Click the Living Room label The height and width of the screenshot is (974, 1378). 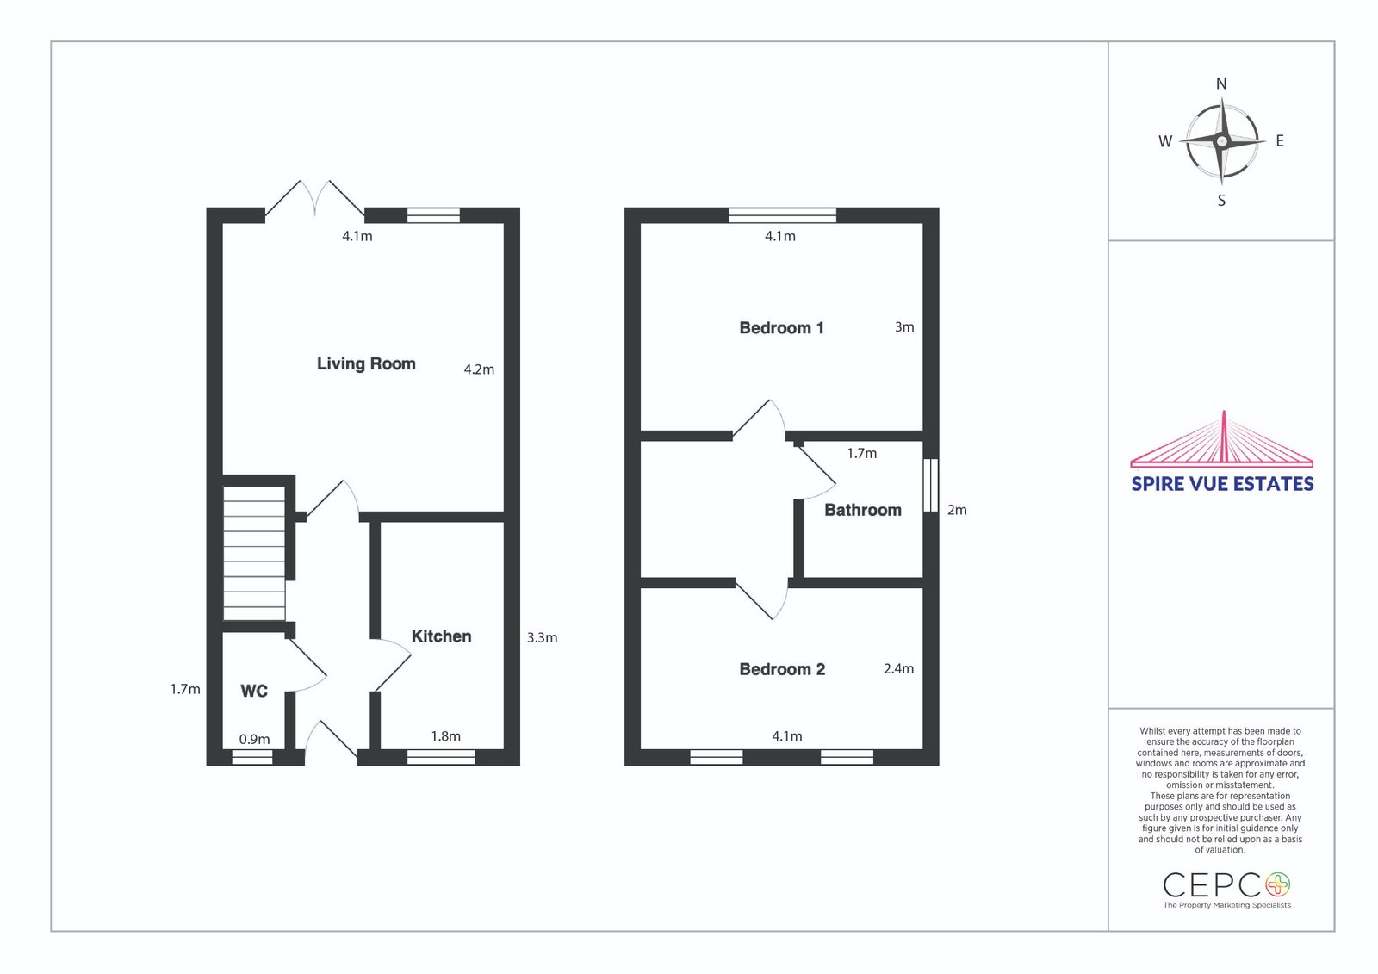coord(366,363)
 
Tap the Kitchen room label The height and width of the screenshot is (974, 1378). coord(441,636)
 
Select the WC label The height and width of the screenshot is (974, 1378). coord(254,691)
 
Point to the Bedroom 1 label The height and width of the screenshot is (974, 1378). coord(781,328)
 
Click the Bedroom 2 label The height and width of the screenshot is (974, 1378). coord(782,669)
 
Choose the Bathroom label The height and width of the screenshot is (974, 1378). coord(862,510)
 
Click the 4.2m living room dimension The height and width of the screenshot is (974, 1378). coord(479,369)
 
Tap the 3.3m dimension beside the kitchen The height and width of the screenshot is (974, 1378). coord(542,638)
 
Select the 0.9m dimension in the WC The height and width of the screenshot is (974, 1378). coord(254,740)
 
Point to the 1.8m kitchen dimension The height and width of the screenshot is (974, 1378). coord(445,736)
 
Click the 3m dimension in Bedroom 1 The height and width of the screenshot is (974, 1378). coord(904,327)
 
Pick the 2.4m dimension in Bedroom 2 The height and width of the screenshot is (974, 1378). coord(899,669)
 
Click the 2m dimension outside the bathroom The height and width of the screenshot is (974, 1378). coord(957,510)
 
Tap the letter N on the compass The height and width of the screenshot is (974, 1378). coord(1221,84)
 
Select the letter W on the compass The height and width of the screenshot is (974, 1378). coord(1165,141)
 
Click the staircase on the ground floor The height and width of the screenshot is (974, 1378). coord(254,553)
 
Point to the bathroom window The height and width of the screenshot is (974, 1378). coord(931,485)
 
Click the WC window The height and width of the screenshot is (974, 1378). coord(252,757)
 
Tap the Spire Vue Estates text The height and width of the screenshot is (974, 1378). coord(1222,484)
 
